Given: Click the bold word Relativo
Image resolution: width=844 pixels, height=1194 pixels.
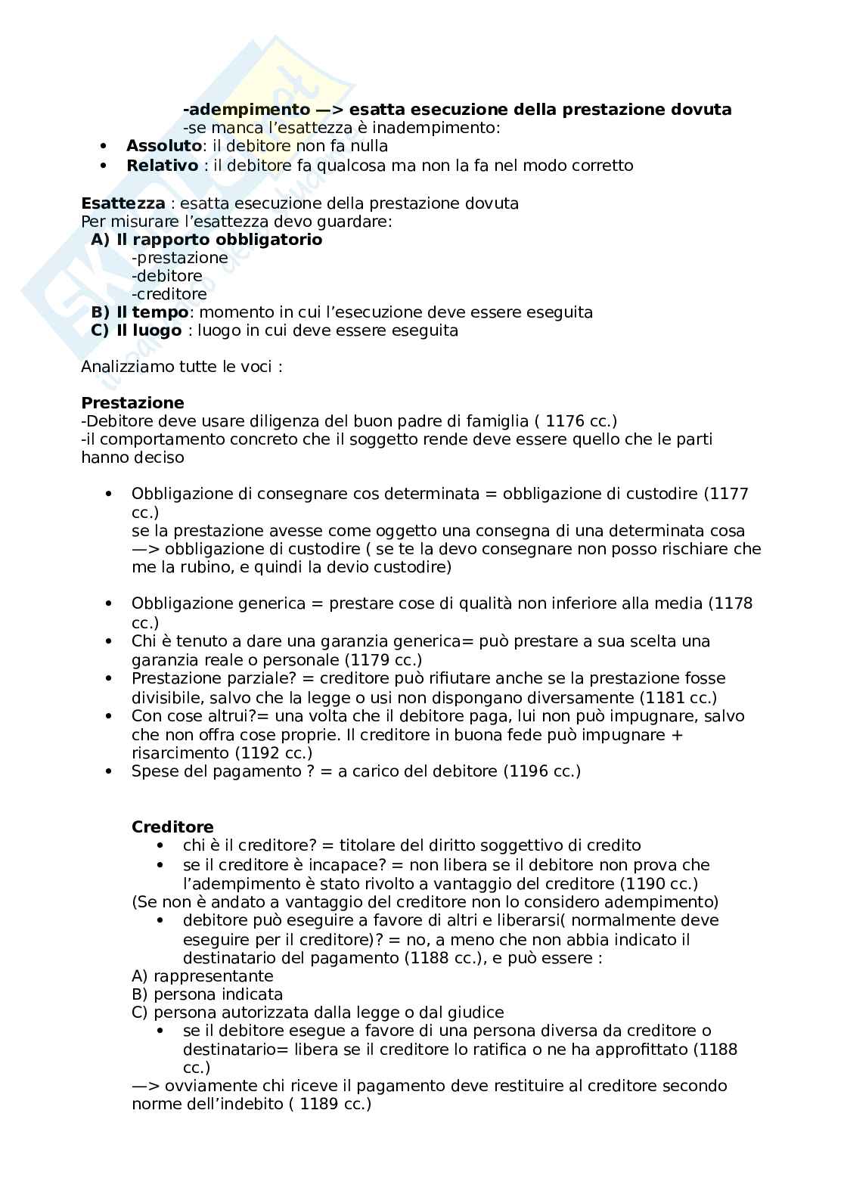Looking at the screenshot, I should click(x=162, y=165).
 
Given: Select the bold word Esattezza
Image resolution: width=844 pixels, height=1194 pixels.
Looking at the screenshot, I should click(x=123, y=203).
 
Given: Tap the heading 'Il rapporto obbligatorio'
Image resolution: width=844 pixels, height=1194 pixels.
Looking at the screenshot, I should click(x=219, y=239).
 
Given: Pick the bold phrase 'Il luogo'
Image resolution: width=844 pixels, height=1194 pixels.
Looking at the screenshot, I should click(x=149, y=330).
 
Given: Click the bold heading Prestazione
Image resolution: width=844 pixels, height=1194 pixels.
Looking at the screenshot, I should click(x=132, y=402).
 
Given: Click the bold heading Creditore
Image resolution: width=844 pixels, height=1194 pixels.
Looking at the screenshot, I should click(x=172, y=826).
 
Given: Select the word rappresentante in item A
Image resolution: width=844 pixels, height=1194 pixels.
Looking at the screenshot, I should click(x=213, y=975).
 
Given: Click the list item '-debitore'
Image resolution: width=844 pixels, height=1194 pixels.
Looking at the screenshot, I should click(x=166, y=275).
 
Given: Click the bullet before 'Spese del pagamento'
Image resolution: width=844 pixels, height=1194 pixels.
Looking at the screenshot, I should click(x=109, y=771).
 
